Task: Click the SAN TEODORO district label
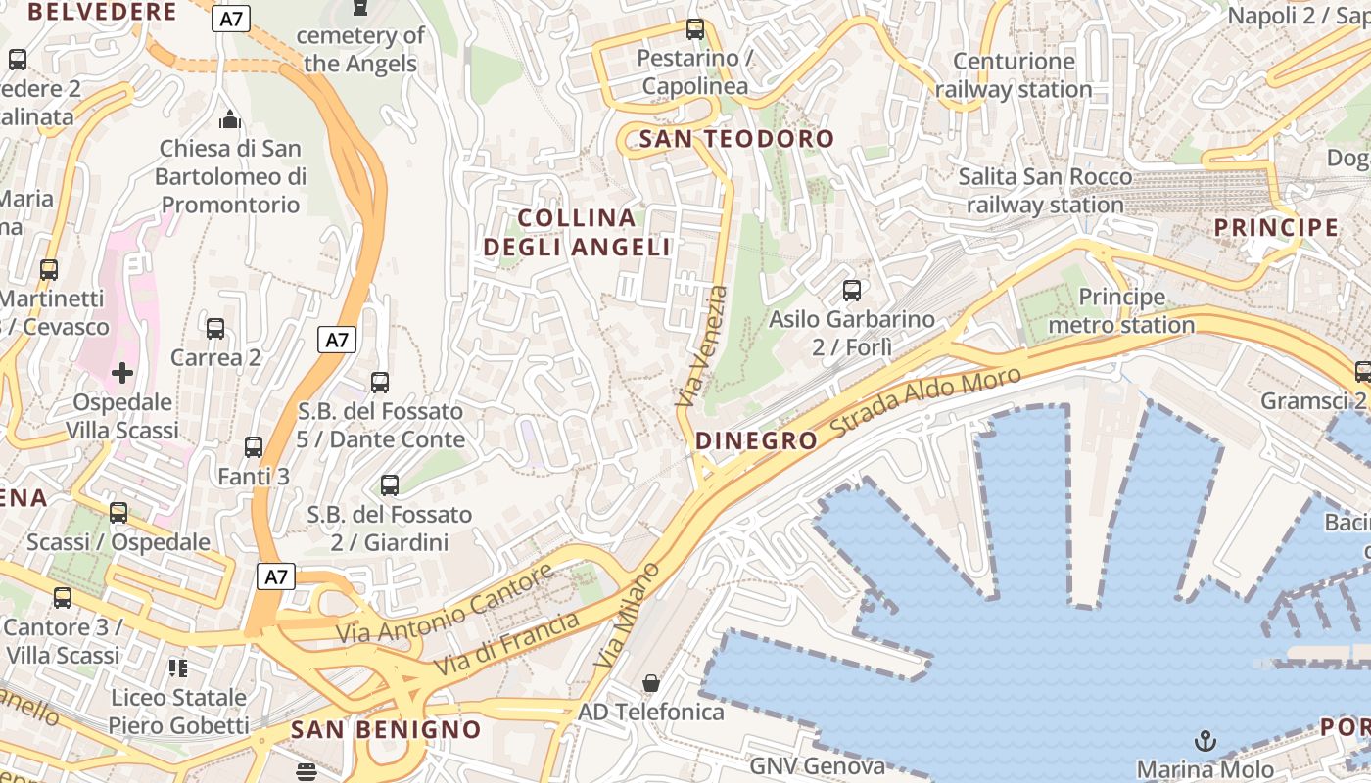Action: point(736,139)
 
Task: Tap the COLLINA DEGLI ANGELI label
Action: point(577,232)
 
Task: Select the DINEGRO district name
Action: point(756,440)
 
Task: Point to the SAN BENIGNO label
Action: point(386,729)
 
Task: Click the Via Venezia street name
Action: point(702,346)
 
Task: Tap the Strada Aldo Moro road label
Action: point(925,402)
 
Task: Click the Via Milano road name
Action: point(628,616)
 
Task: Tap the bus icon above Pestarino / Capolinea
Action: point(695,29)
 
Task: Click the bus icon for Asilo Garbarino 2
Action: point(852,291)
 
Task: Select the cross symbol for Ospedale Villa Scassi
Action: point(122,373)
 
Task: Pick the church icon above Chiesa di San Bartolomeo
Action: point(230,119)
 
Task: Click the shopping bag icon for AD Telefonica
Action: point(651,682)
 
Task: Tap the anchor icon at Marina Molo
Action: point(1206,741)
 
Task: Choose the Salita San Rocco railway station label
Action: point(1045,191)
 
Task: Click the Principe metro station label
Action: point(1121,310)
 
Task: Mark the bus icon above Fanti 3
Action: point(254,447)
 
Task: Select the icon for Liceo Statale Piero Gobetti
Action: point(177,668)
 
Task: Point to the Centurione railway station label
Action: point(1014,75)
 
